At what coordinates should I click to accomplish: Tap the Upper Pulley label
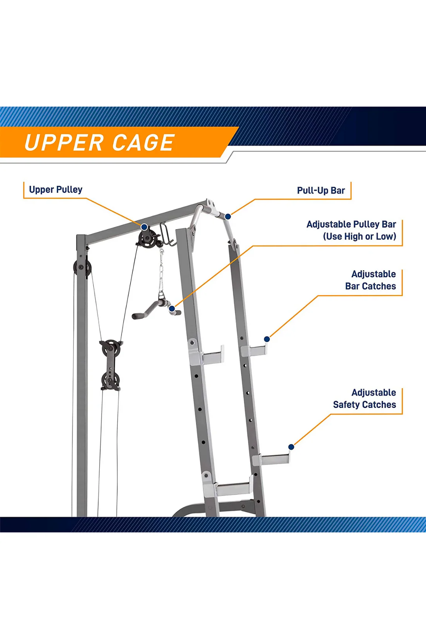tap(56, 189)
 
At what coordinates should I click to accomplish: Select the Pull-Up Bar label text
tap(321, 190)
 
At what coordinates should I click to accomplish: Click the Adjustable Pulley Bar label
tap(351, 230)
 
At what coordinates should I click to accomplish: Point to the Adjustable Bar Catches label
tap(370, 280)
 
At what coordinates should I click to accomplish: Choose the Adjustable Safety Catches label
tap(364, 398)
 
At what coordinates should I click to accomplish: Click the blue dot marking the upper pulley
tap(145, 227)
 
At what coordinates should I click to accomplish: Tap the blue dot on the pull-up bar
tap(228, 217)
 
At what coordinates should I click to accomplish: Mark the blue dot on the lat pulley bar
tap(172, 309)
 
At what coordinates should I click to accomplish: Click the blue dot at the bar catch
tap(267, 339)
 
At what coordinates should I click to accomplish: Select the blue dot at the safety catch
tap(291, 447)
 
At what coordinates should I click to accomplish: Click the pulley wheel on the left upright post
tap(82, 267)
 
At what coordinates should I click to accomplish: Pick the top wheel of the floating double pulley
tap(111, 349)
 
